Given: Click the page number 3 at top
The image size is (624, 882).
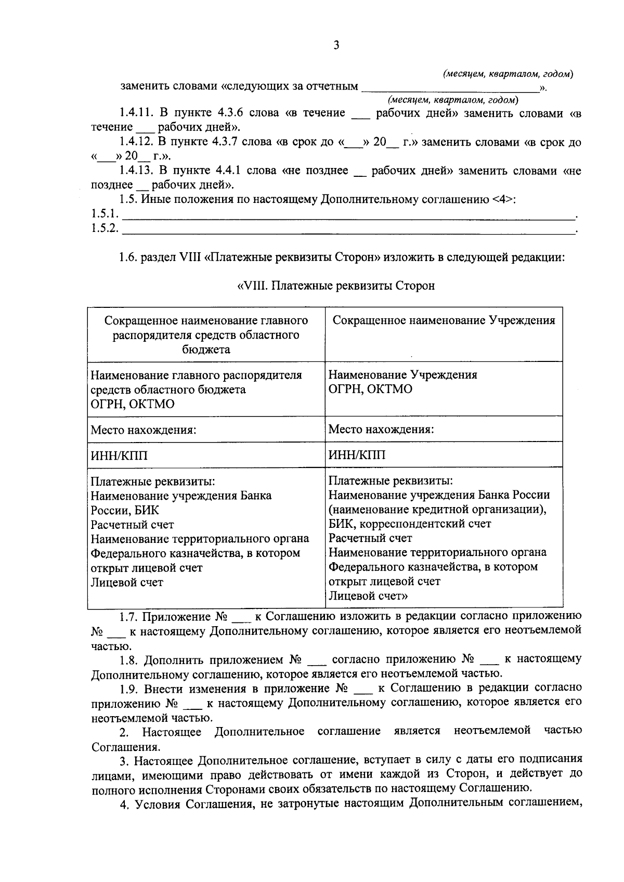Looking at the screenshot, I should click(x=336, y=46).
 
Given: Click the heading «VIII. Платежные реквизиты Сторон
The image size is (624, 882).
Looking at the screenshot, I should click(x=336, y=286).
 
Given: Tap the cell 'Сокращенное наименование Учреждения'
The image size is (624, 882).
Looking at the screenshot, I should click(x=444, y=321).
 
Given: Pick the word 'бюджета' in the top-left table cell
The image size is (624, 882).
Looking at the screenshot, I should click(x=206, y=349).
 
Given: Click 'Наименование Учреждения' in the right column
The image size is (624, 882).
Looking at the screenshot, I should click(x=403, y=375).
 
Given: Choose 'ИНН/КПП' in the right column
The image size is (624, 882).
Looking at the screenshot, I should click(x=357, y=456).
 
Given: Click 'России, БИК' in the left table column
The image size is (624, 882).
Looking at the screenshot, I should click(x=125, y=510).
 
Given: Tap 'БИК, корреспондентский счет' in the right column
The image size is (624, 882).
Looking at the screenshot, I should click(x=410, y=524).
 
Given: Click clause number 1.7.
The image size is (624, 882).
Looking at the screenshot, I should click(x=128, y=617).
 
